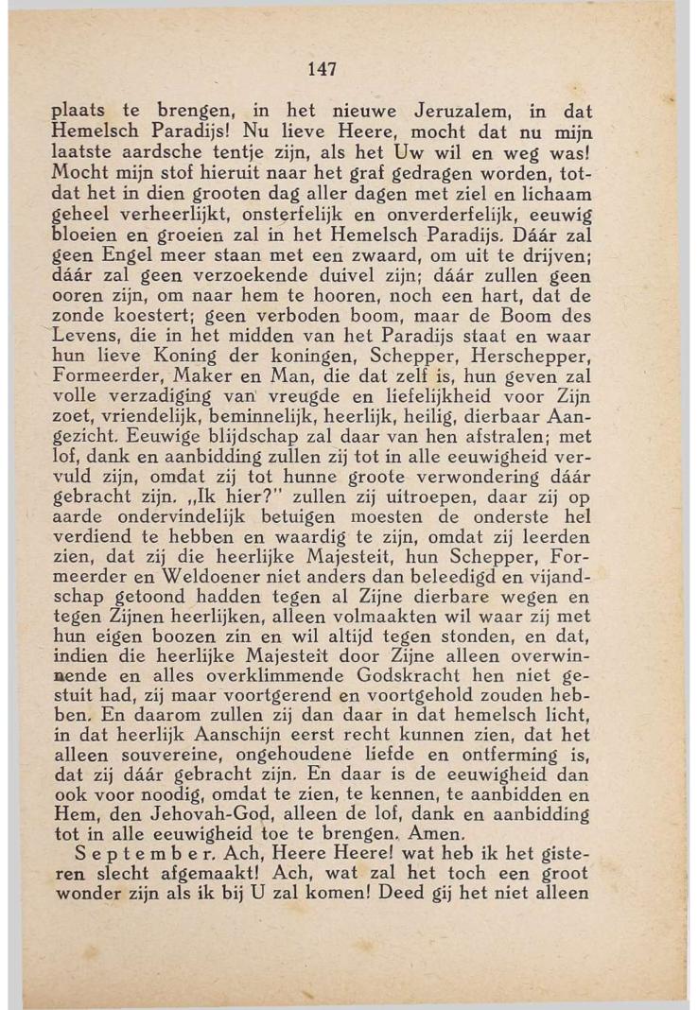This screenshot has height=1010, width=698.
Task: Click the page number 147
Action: coord(323,69)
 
